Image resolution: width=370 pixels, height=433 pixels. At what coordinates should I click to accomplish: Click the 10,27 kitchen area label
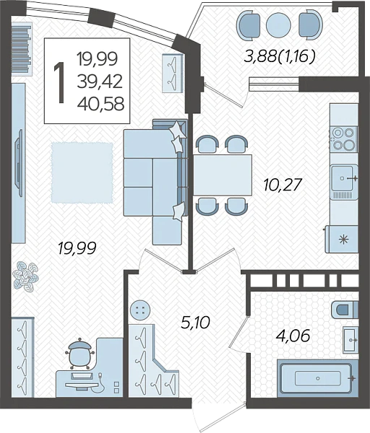point(282,185)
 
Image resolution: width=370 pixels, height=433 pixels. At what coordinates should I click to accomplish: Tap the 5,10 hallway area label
point(196,323)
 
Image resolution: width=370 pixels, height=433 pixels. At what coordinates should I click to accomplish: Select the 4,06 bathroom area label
point(293,336)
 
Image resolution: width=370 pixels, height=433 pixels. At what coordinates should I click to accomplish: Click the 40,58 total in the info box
point(100,104)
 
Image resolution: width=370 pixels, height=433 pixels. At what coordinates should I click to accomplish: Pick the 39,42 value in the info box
point(100,82)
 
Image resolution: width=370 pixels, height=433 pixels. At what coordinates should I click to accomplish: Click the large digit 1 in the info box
point(59,82)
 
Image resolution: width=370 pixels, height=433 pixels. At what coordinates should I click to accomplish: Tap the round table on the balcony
point(278,25)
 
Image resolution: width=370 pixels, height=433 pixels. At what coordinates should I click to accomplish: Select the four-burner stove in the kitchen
point(343,138)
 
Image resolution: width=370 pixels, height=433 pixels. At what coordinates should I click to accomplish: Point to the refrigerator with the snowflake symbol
point(342,239)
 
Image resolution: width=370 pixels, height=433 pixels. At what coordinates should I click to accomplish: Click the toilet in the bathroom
point(345,309)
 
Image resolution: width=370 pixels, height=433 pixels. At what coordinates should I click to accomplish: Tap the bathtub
point(318,377)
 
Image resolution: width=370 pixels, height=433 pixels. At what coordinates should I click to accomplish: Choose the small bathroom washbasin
point(350,340)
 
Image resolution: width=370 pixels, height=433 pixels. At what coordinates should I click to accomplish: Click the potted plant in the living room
point(26,276)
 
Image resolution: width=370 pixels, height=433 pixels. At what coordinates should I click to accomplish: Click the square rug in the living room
point(82,172)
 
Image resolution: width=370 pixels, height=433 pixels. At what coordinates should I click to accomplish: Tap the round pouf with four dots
point(140,310)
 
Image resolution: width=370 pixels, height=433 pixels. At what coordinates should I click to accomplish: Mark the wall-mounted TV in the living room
point(19,163)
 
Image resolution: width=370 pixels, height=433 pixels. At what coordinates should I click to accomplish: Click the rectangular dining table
point(223,175)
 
